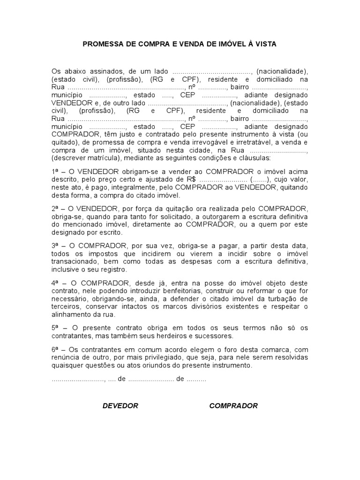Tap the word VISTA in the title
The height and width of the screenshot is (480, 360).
(x=265, y=44)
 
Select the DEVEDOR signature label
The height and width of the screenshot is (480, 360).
(x=120, y=406)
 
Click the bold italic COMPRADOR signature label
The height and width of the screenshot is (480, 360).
(x=233, y=406)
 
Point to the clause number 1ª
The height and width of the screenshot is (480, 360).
(x=56, y=172)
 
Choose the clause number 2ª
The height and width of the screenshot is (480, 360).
(x=56, y=208)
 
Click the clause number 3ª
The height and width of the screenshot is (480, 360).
(x=56, y=246)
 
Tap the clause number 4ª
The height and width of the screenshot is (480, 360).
(x=56, y=283)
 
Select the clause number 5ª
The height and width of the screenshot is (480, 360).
(x=56, y=328)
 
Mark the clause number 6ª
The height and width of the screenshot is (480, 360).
(x=56, y=349)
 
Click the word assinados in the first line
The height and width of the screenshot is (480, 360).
(x=106, y=71)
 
